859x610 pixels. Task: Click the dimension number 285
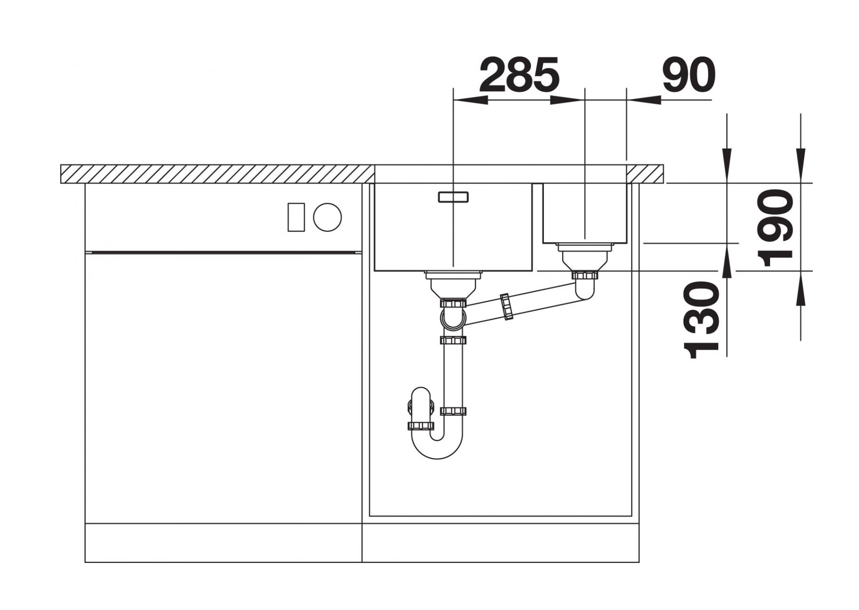(x=519, y=75)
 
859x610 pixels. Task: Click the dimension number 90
(x=689, y=75)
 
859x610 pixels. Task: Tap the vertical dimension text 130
(x=702, y=320)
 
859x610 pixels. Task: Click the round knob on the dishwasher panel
(x=327, y=217)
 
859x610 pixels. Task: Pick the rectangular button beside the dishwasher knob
(x=296, y=217)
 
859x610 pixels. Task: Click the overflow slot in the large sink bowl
(x=453, y=197)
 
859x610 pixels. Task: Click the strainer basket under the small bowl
(x=585, y=257)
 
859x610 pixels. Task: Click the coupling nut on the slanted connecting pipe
(x=506, y=306)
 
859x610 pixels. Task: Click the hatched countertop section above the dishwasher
(x=216, y=174)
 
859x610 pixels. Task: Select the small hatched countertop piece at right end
(x=646, y=174)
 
